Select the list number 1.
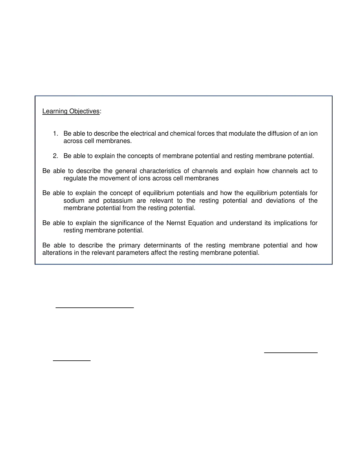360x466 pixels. pyautogui.click(x=55, y=134)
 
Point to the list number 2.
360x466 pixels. pyautogui.click(x=55, y=156)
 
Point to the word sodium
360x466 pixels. pyautogui.click(x=74, y=201)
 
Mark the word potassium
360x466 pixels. pyautogui.click(x=118, y=201)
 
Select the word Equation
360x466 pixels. pyautogui.click(x=201, y=223)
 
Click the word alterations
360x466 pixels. pyautogui.click(x=56, y=253)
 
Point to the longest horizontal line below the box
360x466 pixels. pyautogui.click(x=95, y=308)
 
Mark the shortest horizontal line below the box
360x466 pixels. pyautogui.click(x=72, y=360)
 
